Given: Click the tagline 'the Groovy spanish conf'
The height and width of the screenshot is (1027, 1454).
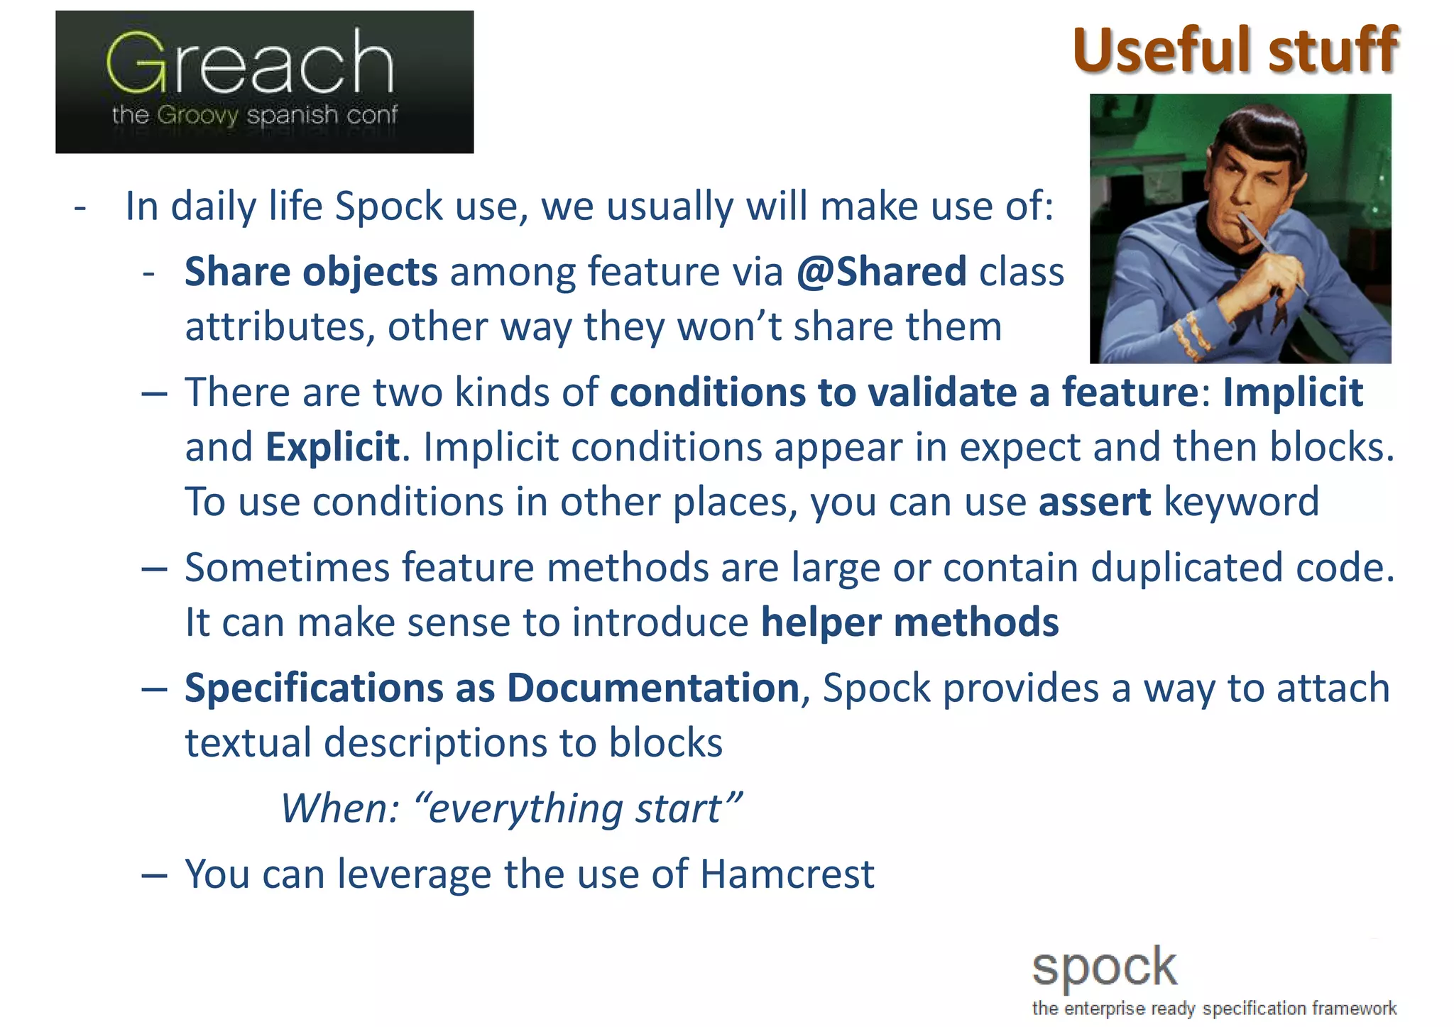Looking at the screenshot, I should tap(254, 115).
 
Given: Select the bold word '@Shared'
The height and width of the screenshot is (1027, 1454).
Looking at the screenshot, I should tap(881, 272).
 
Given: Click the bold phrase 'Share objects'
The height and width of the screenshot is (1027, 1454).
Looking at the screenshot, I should tap(311, 272).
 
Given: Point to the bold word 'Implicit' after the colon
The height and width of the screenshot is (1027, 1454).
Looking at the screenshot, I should tap(1292, 392).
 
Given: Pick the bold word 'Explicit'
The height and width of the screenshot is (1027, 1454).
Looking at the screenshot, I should tap(332, 447).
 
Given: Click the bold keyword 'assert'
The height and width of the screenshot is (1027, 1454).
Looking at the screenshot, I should tap(1094, 502).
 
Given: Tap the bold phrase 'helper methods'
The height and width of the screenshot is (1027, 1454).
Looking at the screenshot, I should tap(909, 622).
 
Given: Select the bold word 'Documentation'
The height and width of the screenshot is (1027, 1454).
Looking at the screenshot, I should tap(653, 688).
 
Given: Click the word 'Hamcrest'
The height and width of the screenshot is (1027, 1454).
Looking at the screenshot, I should tap(787, 874).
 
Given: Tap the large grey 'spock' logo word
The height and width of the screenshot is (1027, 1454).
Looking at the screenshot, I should tap(1104, 967).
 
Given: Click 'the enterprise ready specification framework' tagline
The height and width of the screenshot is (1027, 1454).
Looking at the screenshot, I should tap(1214, 1009).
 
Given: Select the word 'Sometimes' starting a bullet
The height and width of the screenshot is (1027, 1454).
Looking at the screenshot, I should tap(288, 568).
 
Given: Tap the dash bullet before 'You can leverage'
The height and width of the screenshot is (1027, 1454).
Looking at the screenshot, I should tap(154, 875).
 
